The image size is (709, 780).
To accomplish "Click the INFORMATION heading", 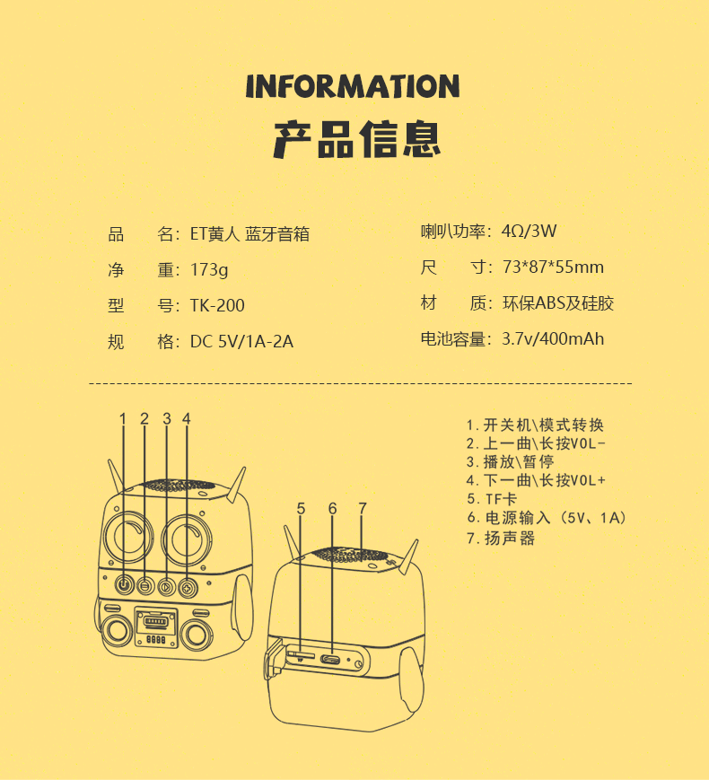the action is coord(353,86).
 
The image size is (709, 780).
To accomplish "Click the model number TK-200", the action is coord(217,305).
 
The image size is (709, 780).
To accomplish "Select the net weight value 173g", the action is coord(209,270).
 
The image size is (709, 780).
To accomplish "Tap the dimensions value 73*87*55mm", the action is coord(553,267).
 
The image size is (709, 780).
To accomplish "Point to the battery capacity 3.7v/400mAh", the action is coord(553,338).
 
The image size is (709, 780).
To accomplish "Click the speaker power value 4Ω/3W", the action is coord(529,232).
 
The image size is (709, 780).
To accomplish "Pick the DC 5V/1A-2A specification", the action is coord(241,342).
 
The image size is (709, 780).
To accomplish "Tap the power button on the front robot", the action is coord(124,585).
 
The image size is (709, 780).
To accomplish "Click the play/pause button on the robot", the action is coord(166,587).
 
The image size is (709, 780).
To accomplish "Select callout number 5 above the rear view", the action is coord(301,508).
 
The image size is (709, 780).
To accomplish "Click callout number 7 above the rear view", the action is coord(363,508).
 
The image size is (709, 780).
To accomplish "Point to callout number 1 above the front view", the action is coord(123,419).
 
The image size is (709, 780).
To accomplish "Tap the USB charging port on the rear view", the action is coord(330,660).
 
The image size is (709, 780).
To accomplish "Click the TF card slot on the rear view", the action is coord(300,654).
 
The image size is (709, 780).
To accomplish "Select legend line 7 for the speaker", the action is coord(501,539).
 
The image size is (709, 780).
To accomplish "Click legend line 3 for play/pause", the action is coord(511,461).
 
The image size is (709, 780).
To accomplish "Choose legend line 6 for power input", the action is coord(547,518).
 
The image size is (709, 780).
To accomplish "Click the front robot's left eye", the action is coord(127,538).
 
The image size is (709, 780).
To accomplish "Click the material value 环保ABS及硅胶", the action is coord(558,303).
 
